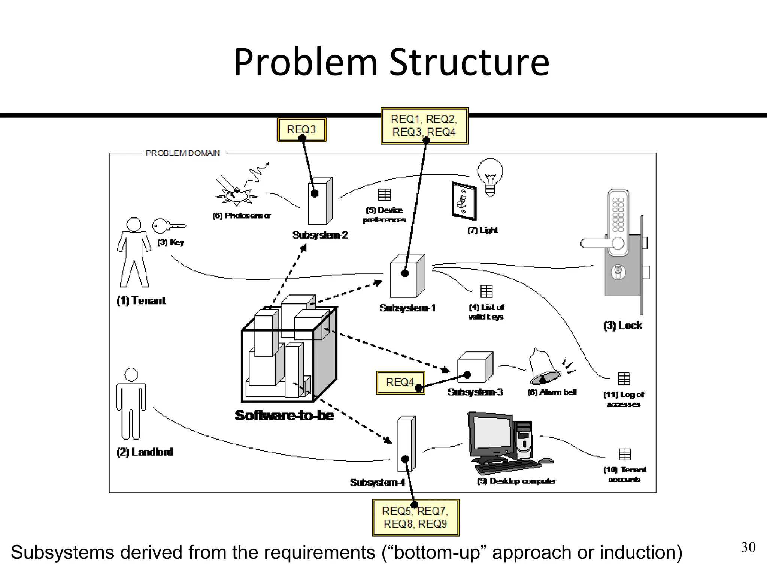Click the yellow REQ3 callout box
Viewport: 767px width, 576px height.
(x=301, y=130)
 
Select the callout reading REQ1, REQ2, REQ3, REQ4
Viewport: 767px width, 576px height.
(x=424, y=125)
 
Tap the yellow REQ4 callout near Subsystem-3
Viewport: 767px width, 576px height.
(x=400, y=382)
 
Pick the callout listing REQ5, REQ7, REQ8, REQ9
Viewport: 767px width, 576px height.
(x=415, y=517)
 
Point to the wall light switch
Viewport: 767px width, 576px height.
(x=464, y=201)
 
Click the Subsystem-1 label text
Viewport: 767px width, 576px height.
(x=407, y=308)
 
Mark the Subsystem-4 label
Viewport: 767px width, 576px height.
(x=378, y=483)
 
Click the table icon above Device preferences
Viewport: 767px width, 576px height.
(x=384, y=195)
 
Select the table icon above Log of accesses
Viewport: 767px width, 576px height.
(x=624, y=379)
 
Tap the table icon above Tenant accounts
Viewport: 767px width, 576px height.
(x=624, y=454)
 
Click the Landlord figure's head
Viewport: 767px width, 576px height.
(x=131, y=375)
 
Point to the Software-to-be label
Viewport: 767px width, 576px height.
(x=285, y=415)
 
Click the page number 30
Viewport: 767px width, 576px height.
(x=748, y=547)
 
